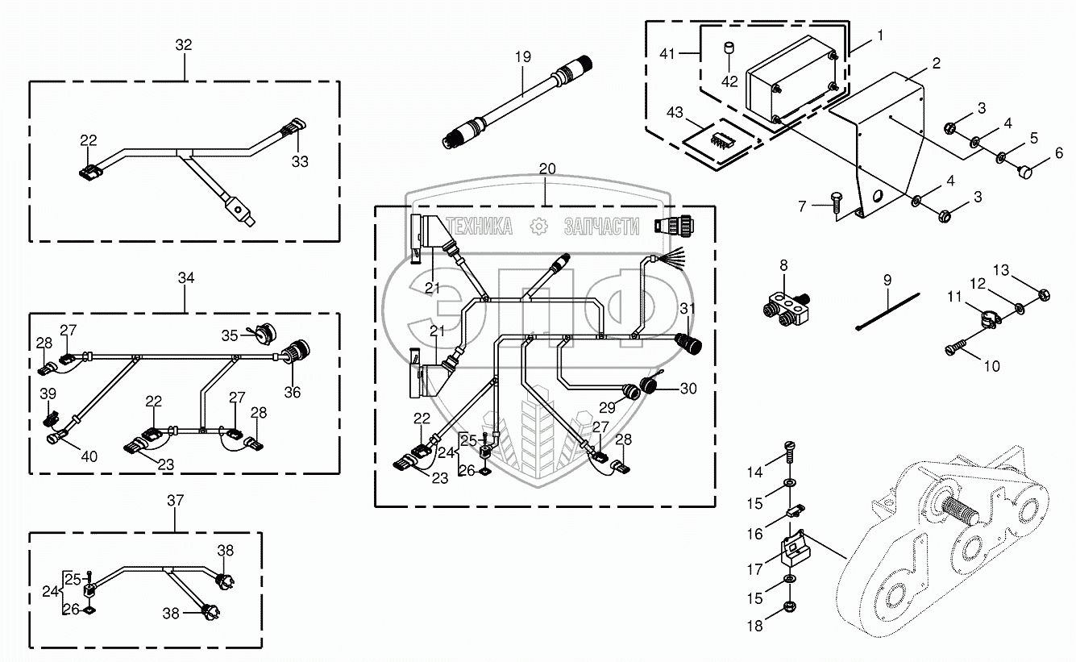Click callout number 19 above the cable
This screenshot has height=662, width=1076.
(x=523, y=56)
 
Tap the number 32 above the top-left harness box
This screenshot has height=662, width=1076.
(x=184, y=45)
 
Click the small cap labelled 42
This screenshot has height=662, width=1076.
(x=729, y=50)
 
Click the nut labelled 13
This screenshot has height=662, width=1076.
(x=1041, y=294)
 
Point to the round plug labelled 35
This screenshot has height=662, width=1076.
(x=262, y=332)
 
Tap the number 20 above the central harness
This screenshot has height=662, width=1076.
(x=547, y=169)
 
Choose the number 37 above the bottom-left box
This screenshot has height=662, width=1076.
(x=176, y=501)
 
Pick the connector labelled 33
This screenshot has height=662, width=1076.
(x=292, y=129)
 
